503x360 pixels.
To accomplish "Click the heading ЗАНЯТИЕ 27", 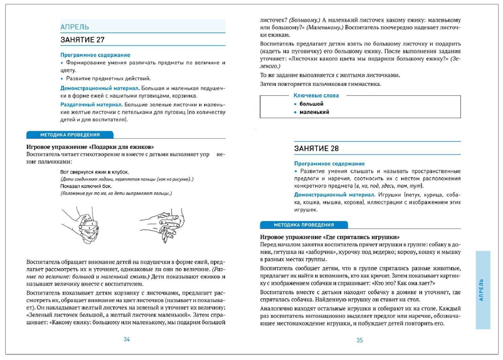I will (x=82, y=40).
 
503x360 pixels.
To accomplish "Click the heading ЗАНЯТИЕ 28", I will (x=316, y=148).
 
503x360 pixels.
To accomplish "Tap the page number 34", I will (x=127, y=339).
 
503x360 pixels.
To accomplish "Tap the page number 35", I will (x=360, y=340).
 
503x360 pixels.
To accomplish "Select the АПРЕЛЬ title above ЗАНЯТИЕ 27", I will (x=75, y=27).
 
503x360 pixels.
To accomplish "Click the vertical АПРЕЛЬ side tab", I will (x=482, y=290).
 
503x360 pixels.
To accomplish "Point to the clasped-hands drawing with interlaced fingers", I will (x=81, y=225).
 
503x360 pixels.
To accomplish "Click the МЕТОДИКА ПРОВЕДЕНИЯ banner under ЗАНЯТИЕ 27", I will (x=70, y=135).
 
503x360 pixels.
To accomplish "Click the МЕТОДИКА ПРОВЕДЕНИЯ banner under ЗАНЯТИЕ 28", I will (x=304, y=225).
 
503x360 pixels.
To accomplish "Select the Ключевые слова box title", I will (x=316, y=95).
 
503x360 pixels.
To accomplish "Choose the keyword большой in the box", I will (x=311, y=104).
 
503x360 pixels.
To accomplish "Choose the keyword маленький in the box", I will (x=314, y=112).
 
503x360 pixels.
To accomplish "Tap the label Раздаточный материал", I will (x=91, y=105).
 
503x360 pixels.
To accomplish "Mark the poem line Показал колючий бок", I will (x=86, y=186).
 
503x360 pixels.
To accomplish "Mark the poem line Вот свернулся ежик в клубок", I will (x=94, y=172).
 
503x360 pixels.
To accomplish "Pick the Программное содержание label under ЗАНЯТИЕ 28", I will (x=329, y=164).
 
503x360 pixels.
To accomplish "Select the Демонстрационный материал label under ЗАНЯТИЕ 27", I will (x=100, y=88).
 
